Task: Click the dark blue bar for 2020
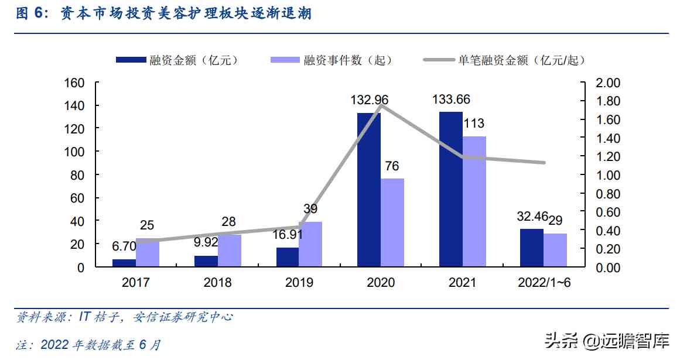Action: (x=369, y=190)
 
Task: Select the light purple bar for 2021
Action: (x=474, y=201)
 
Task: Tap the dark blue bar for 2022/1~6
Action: (x=532, y=248)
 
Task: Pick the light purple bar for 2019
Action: (x=310, y=244)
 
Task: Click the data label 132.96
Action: (x=370, y=100)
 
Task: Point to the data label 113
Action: (x=474, y=124)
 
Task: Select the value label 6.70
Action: (x=124, y=246)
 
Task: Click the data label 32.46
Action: (x=532, y=217)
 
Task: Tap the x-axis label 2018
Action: (x=217, y=283)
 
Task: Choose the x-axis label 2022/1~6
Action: (x=544, y=283)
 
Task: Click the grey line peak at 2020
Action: (x=381, y=105)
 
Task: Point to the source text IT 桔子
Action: (x=94, y=317)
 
